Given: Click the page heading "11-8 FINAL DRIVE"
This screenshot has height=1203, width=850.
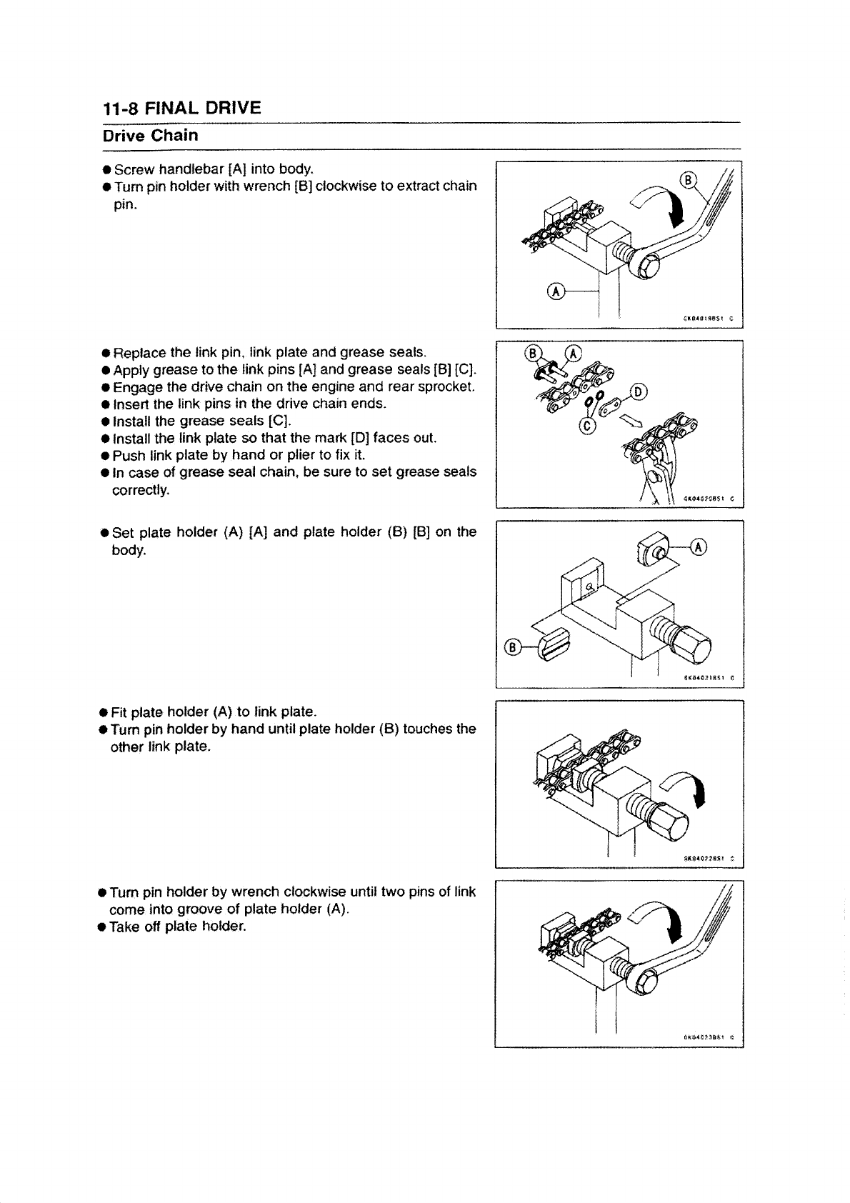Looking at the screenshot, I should (x=181, y=108).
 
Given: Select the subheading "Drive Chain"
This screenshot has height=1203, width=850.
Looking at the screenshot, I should (x=150, y=135).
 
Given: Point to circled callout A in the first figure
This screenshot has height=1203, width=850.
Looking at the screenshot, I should (x=554, y=291).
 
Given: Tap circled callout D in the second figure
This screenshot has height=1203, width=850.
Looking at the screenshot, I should (x=639, y=391).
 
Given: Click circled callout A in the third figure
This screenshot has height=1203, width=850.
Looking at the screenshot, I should (x=699, y=546).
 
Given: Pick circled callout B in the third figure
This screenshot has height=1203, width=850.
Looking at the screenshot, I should (x=512, y=647).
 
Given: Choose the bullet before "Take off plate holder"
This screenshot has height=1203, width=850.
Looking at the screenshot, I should (x=104, y=927).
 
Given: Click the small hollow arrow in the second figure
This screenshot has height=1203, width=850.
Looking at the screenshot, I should (x=630, y=421).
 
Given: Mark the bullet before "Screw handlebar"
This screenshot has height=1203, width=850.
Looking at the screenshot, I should (x=106, y=170).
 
